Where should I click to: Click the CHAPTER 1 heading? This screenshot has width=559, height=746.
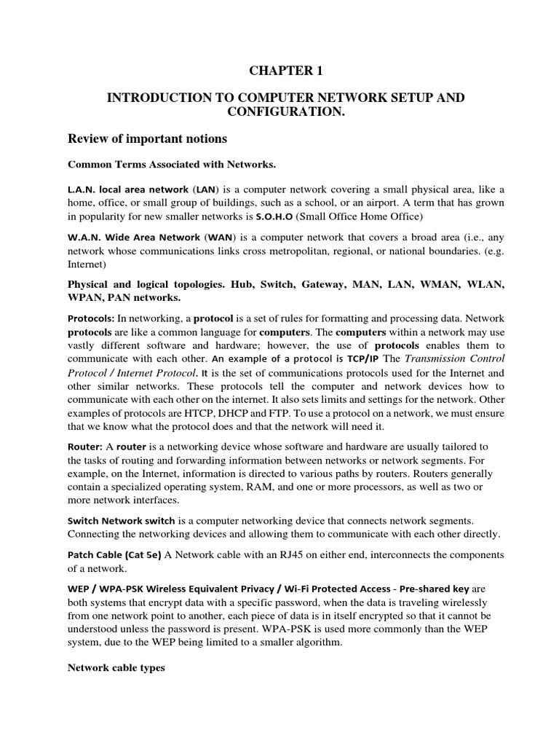tap(285, 71)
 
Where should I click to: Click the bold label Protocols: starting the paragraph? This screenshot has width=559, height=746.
tap(91, 318)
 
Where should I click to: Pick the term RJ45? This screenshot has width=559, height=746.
tap(297, 555)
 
